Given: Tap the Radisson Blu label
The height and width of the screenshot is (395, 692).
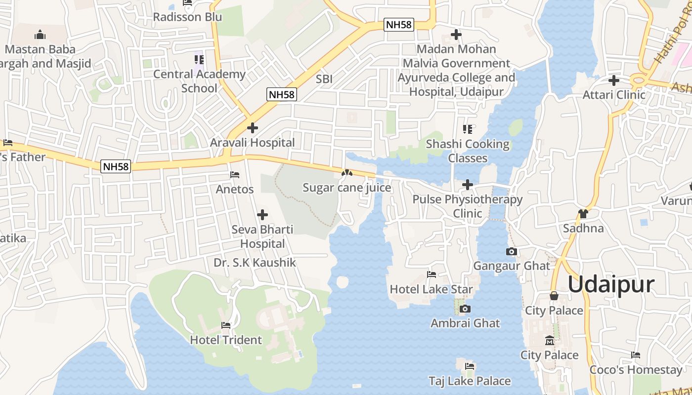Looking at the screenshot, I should (187, 17).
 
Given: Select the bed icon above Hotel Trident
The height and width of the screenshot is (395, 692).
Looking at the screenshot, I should (226, 325).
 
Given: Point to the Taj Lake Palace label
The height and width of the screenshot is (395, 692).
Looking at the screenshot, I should (470, 381).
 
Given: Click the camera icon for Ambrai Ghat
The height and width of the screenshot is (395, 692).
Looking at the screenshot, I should (465, 309).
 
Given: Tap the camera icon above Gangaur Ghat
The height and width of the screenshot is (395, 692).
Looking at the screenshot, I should (512, 252).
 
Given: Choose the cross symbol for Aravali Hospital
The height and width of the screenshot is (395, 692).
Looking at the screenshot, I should (253, 128).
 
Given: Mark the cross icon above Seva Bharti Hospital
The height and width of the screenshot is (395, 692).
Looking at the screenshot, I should (262, 215).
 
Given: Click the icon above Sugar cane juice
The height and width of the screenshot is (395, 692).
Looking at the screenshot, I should (347, 173).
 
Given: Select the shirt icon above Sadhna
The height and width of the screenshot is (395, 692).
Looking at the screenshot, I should (583, 214).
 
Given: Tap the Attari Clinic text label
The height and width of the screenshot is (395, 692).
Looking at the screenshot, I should (614, 94).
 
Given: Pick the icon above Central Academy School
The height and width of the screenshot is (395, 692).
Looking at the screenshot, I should (199, 60).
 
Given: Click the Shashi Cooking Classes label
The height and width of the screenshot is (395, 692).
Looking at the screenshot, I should (468, 151).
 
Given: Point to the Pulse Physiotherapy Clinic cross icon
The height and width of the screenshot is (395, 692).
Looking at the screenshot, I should (467, 185).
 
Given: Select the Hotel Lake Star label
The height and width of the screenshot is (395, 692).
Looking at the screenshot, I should (432, 289).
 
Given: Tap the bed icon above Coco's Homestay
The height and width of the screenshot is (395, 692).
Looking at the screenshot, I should (636, 355).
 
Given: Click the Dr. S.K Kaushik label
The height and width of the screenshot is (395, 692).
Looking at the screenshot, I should (255, 262).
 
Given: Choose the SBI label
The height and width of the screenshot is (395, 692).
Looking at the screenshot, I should (324, 79).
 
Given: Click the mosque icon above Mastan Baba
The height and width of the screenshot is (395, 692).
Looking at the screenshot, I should (40, 35).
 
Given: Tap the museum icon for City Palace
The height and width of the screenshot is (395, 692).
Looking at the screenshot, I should (549, 341).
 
